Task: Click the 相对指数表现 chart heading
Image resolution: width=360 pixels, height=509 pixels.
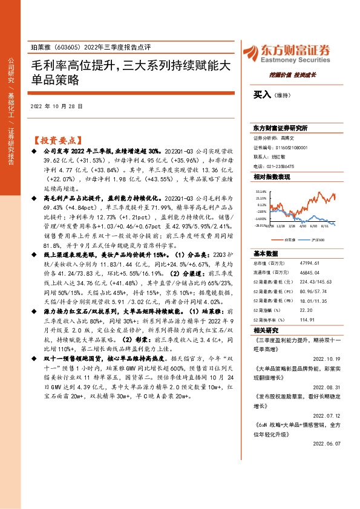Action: (272, 177)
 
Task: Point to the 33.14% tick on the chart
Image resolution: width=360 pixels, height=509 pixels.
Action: (261, 190)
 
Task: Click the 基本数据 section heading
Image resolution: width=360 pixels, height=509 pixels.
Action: (266, 254)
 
